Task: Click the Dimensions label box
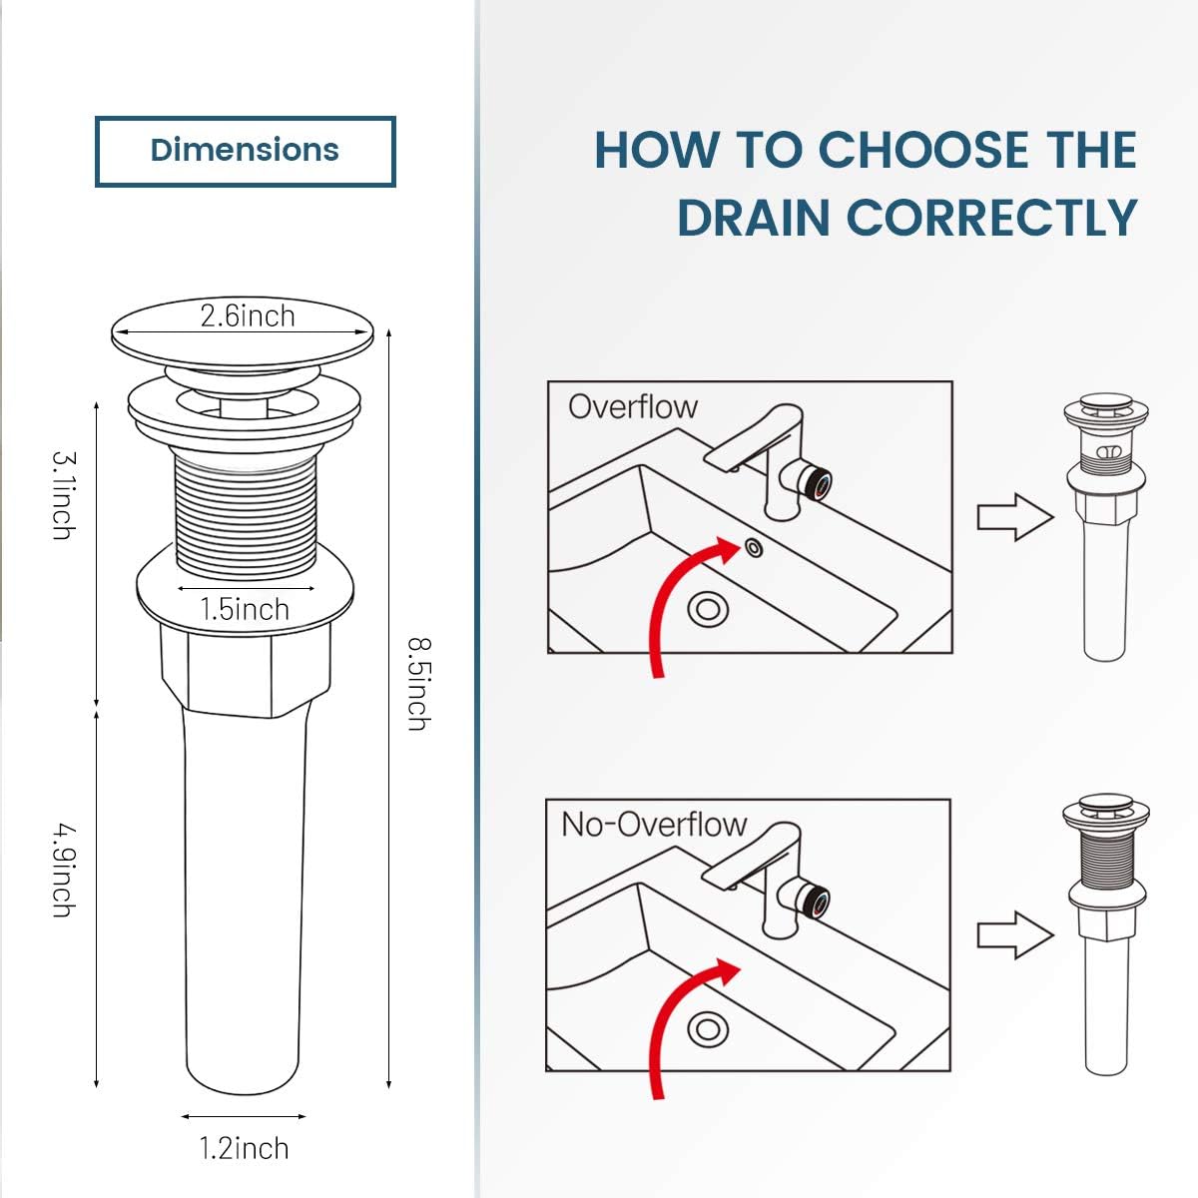(245, 151)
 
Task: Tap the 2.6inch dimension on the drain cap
(247, 316)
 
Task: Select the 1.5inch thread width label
(245, 609)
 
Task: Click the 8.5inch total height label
(419, 684)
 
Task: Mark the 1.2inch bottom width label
(244, 1148)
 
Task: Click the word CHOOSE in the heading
(923, 151)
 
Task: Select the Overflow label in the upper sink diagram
(632, 407)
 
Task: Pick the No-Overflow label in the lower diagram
(654, 825)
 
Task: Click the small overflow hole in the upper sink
(753, 547)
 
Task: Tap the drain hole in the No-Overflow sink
(708, 1028)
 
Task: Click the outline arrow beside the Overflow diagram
(1014, 517)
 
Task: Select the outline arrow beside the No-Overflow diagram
(1014, 935)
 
